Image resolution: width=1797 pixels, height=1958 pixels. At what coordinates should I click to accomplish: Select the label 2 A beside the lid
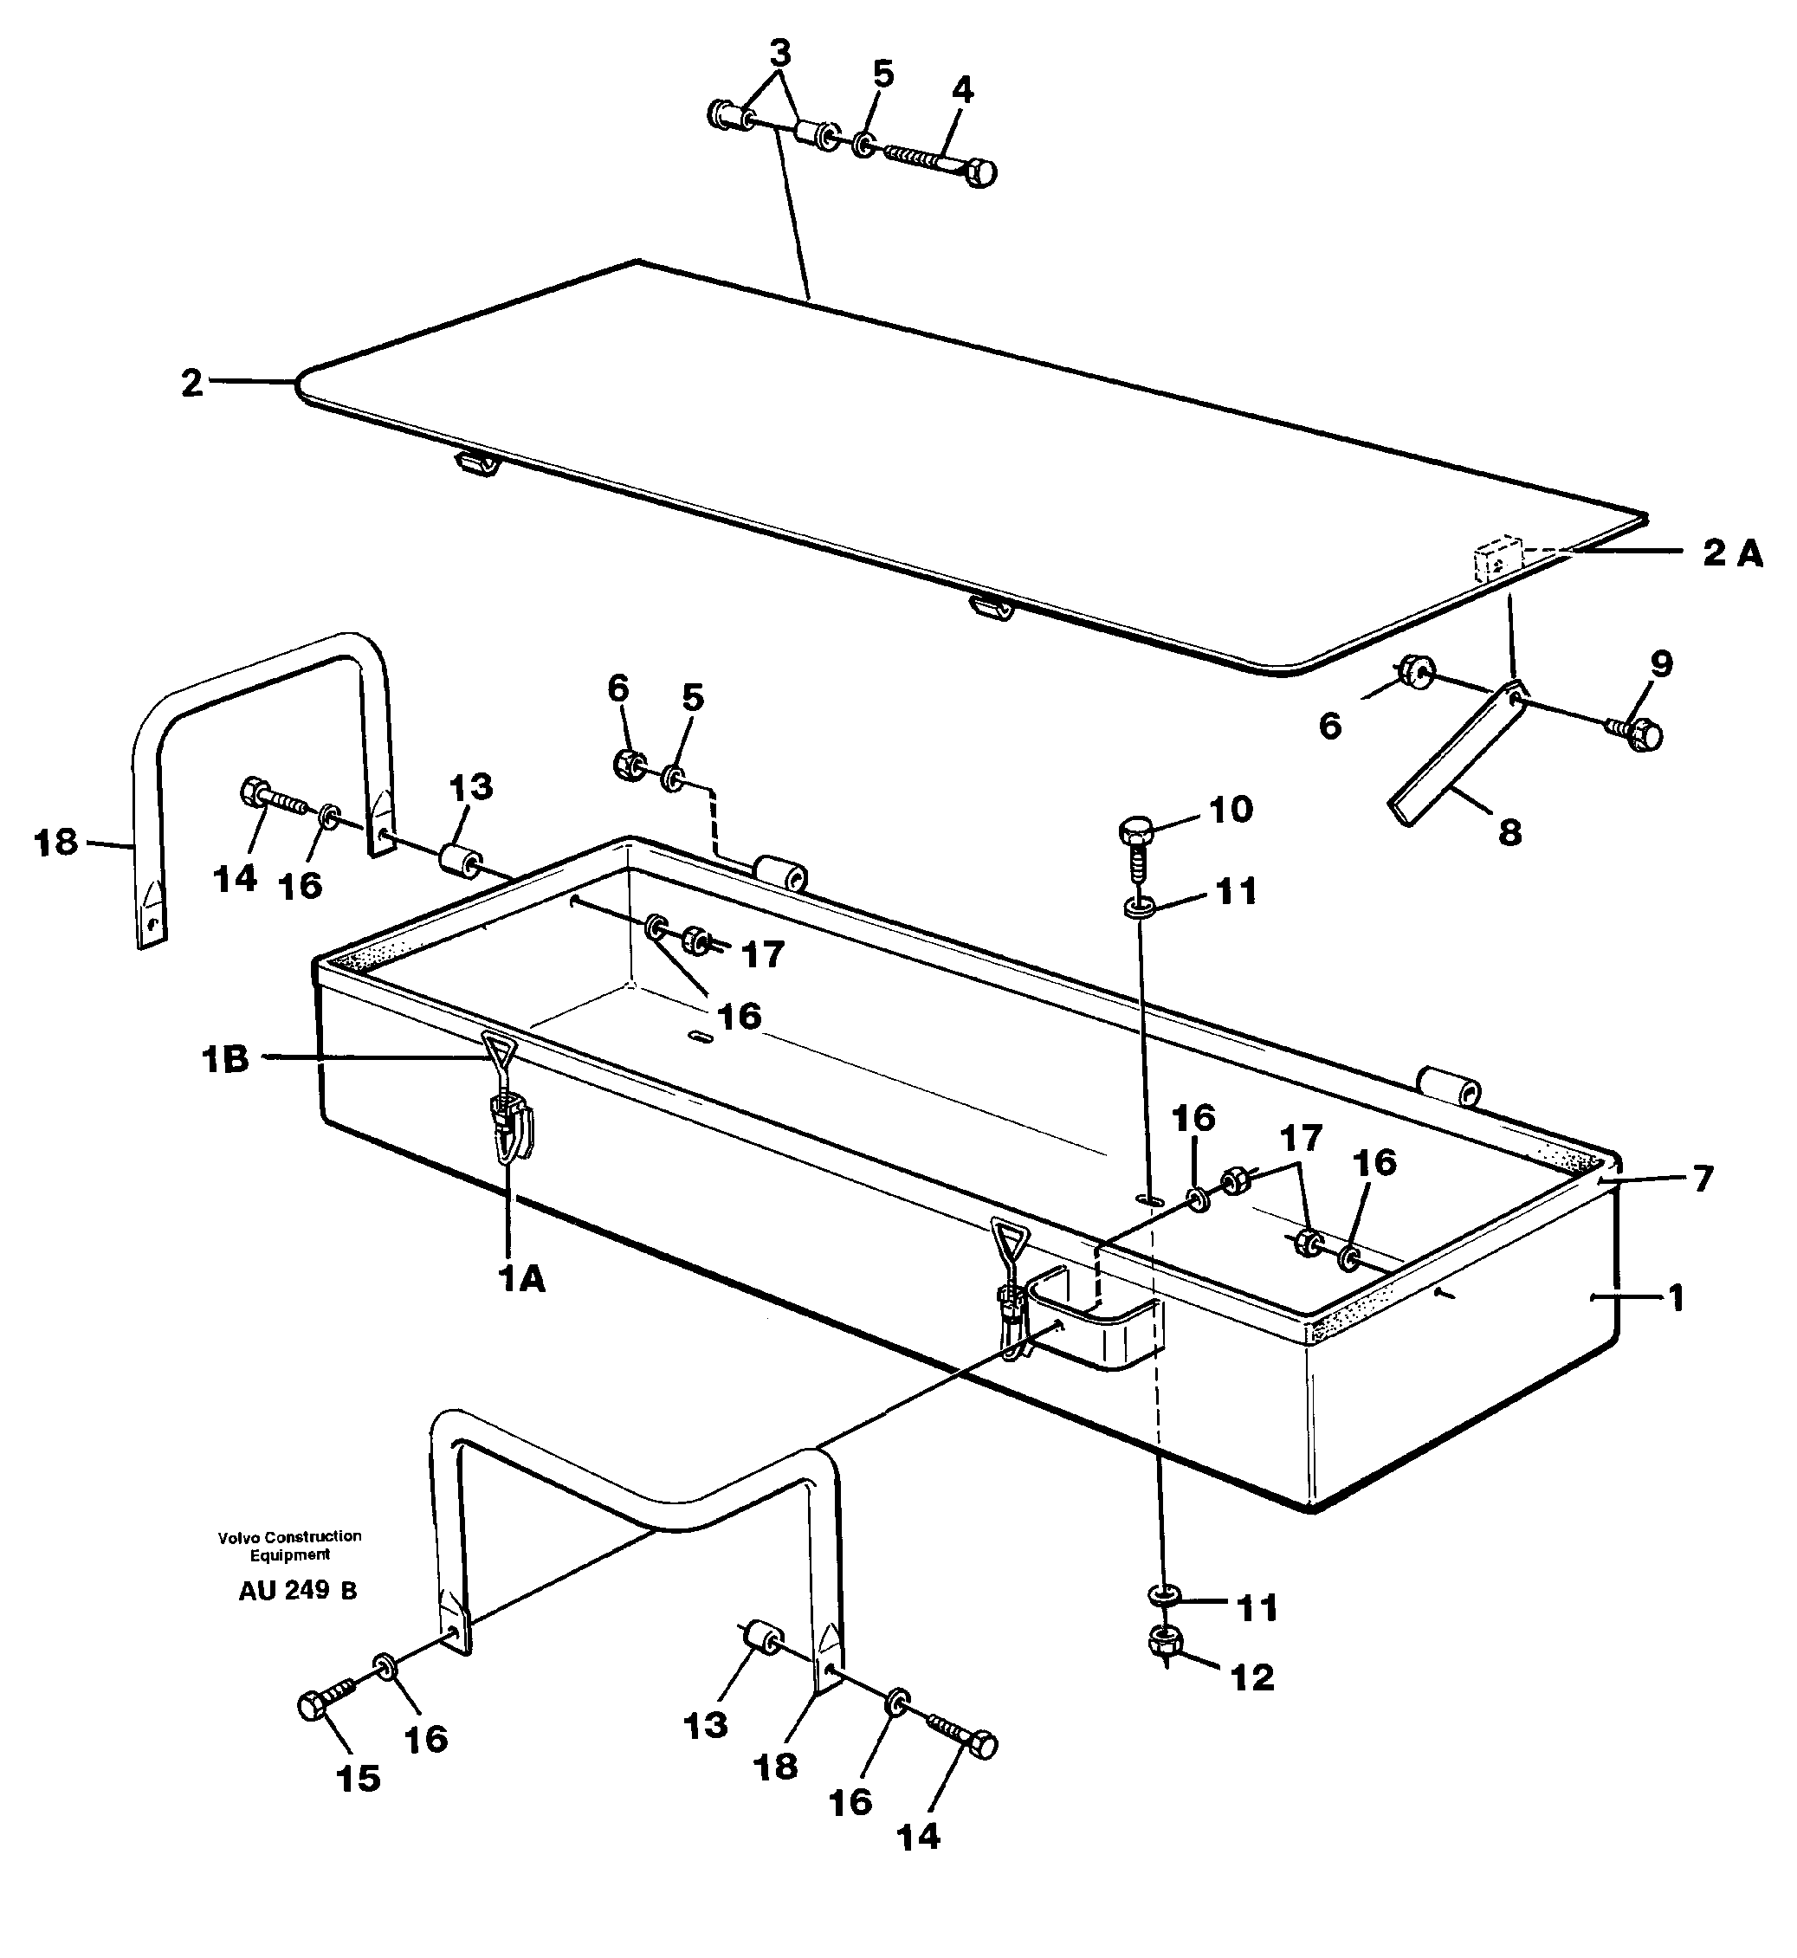click(x=1732, y=554)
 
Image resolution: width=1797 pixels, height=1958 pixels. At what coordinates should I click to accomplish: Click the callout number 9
click(x=1662, y=664)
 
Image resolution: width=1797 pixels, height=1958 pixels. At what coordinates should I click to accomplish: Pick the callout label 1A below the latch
click(x=522, y=1282)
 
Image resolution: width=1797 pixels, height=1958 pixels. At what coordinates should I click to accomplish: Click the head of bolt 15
click(x=314, y=1706)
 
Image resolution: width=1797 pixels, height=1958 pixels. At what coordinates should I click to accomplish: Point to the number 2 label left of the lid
click(x=192, y=383)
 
